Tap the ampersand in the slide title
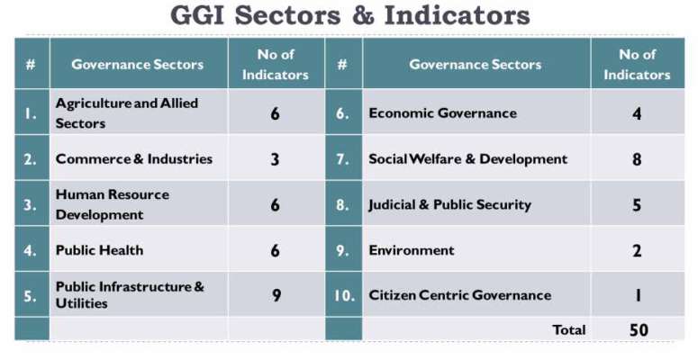(364, 15)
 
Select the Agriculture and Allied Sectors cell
(127, 113)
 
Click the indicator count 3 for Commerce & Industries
(275, 159)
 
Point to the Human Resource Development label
(113, 204)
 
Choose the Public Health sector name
(99, 250)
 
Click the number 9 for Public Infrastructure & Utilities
(276, 295)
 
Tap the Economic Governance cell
(442, 113)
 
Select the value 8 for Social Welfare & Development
(637, 159)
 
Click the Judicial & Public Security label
(449, 204)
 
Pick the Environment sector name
(412, 250)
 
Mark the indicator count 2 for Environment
(637, 250)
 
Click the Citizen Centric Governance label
(460, 295)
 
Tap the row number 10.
(344, 295)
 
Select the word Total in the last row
(569, 329)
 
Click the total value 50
(639, 329)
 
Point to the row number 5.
(30, 295)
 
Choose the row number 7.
(342, 159)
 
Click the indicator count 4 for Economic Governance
(637, 113)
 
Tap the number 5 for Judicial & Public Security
(637, 204)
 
